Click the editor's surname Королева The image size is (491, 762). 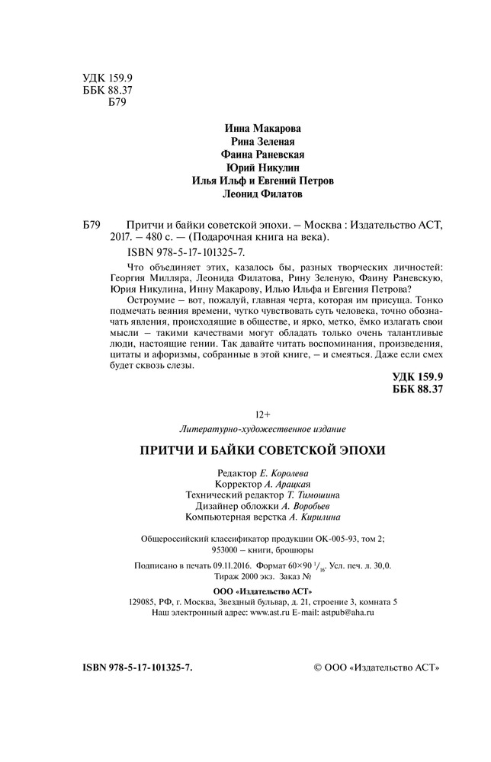tap(287, 473)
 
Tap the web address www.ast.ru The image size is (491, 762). tap(271, 612)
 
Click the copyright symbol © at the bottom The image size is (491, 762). tap(319, 668)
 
